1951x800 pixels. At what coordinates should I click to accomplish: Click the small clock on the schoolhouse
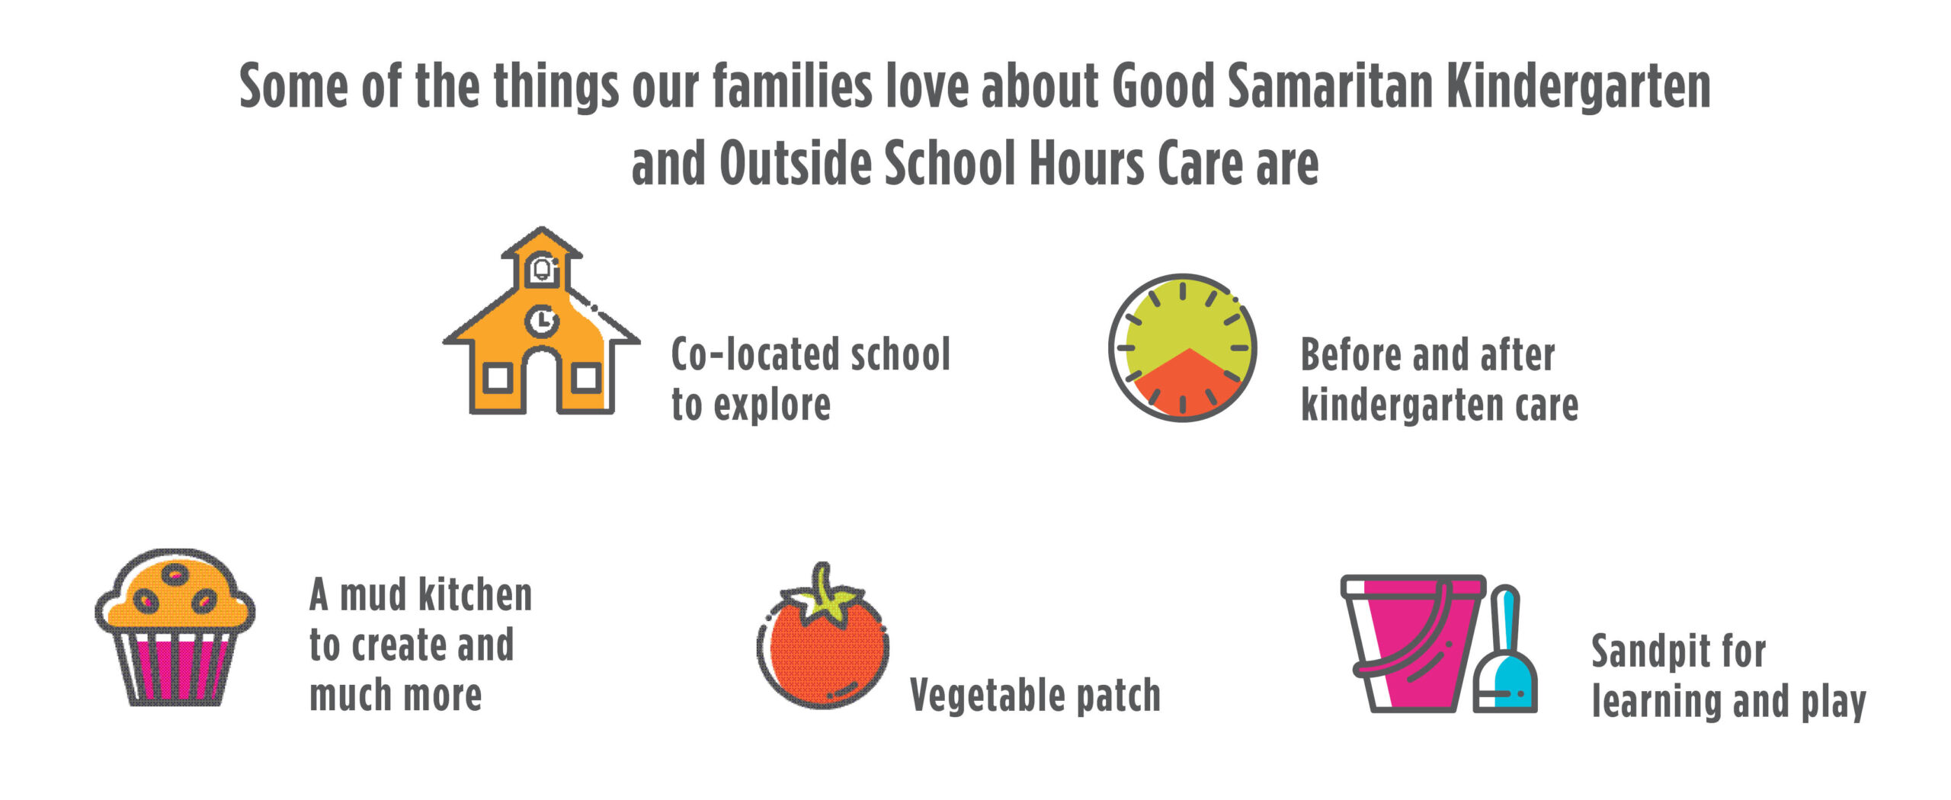541,321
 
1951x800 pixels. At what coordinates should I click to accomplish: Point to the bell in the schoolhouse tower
542,269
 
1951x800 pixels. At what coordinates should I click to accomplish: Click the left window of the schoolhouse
498,378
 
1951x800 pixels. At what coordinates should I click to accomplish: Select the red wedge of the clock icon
1187,385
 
